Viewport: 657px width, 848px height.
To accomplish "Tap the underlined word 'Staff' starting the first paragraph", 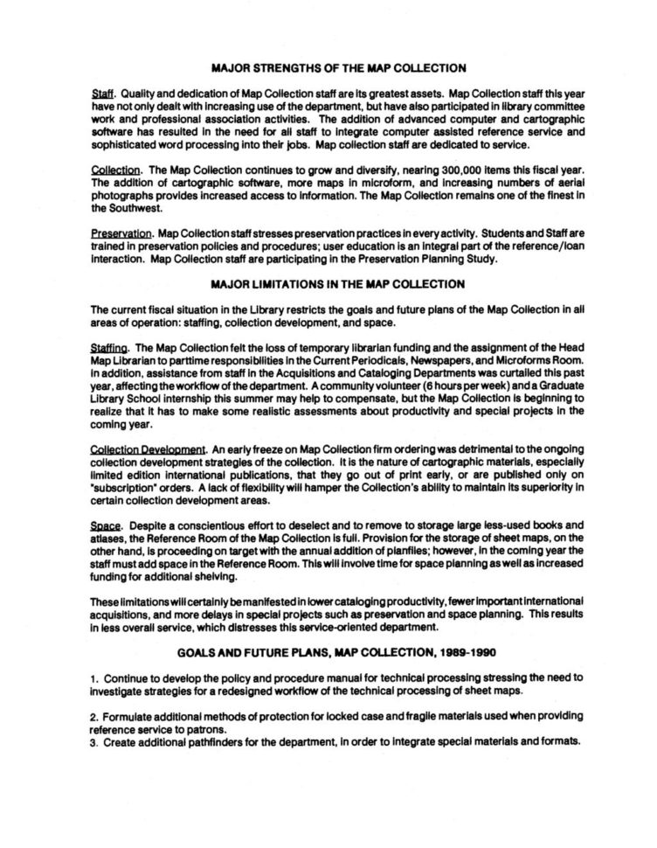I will [103, 93].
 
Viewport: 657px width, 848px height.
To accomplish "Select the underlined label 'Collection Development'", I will [148, 449].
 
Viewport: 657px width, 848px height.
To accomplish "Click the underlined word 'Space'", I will [105, 526].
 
